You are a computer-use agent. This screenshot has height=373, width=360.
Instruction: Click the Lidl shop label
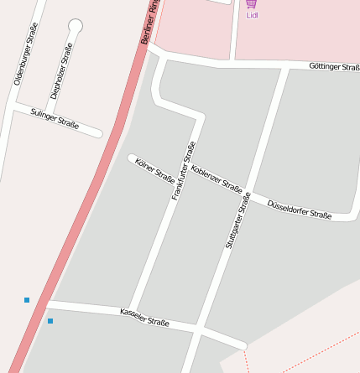tap(252, 15)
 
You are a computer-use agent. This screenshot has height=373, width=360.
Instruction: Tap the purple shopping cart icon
tap(252, 3)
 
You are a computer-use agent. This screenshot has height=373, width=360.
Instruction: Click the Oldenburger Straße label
tap(26, 54)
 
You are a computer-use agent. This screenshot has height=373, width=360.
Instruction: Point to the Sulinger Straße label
tap(55, 118)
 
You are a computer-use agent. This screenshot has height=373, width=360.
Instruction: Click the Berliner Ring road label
tap(150, 23)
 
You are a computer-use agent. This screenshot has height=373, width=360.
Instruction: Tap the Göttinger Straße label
tap(334, 66)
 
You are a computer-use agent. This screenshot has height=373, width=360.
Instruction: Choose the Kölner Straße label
tap(154, 170)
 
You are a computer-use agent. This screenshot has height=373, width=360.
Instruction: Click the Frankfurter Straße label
tap(184, 170)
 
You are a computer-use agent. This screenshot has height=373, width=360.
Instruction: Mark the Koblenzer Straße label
tap(217, 179)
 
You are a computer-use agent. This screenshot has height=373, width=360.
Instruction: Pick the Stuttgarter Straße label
tap(238, 220)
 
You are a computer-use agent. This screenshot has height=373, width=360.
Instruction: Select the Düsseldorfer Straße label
tap(299, 209)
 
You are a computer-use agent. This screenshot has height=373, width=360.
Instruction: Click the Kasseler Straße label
tap(144, 317)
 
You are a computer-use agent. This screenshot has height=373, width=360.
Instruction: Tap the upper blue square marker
tap(27, 299)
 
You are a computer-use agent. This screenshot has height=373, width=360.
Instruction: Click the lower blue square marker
tap(50, 321)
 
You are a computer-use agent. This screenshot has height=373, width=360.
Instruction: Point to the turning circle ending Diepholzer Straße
tap(76, 25)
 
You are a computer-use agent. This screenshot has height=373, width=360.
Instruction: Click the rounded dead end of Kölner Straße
tap(132, 158)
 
